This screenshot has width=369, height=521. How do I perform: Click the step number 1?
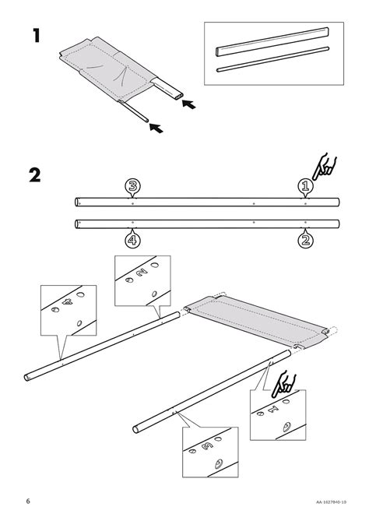(x=35, y=37)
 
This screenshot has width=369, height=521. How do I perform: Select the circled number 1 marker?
(x=305, y=186)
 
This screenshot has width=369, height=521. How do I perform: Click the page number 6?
(x=28, y=499)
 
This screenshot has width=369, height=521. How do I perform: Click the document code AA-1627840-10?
(x=323, y=500)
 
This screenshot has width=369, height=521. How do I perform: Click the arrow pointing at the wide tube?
(x=188, y=104)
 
